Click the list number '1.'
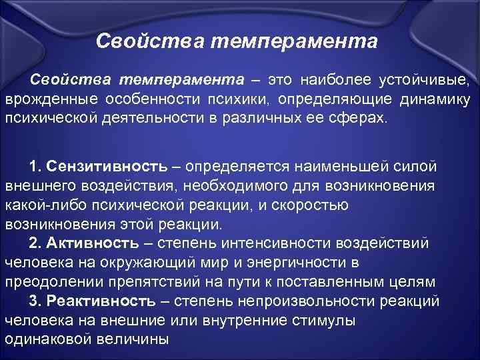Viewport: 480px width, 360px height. (x=37, y=165)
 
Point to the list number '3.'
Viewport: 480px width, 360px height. (x=37, y=301)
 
